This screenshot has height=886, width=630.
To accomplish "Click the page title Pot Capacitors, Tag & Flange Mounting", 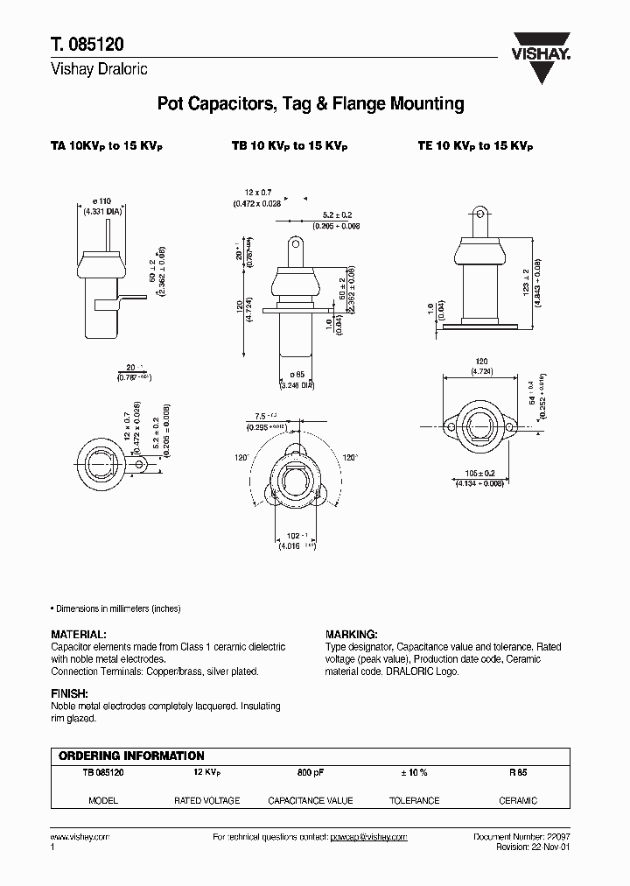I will point(310,104).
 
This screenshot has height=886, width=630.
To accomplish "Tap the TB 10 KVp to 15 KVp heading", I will point(282,147).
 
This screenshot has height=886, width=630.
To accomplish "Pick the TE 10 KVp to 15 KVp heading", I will point(475,147).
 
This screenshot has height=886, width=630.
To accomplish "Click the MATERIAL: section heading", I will point(79,634).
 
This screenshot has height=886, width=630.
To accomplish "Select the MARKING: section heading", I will point(351,634).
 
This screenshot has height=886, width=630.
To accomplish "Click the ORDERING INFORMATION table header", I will point(131,756).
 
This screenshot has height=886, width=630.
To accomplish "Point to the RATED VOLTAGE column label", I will point(207,800).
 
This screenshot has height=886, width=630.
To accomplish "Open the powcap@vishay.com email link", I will point(368,837).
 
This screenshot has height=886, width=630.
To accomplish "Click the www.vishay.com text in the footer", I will point(80,837).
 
